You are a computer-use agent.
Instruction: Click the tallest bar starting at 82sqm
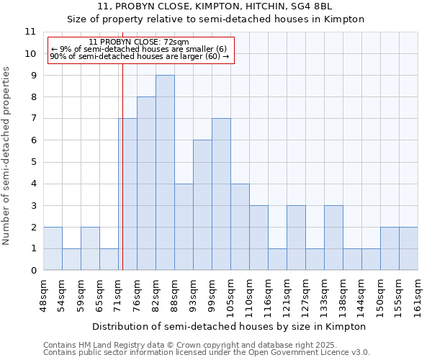(165, 173)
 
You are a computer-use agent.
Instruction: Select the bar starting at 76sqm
(146, 184)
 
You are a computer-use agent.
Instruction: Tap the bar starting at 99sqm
(221, 194)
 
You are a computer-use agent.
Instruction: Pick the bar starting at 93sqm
(202, 205)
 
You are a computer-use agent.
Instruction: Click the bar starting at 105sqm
(240, 227)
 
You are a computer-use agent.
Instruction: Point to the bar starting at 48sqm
(53, 248)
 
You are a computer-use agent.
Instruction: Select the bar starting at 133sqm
(333, 238)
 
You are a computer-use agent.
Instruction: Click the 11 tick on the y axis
(30, 32)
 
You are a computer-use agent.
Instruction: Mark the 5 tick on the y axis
(33, 162)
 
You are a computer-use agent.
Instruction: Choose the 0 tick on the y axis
(33, 271)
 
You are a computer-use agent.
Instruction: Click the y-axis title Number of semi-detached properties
(7, 156)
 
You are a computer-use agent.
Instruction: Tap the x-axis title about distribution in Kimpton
(230, 326)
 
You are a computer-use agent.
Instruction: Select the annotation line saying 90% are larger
(139, 56)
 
